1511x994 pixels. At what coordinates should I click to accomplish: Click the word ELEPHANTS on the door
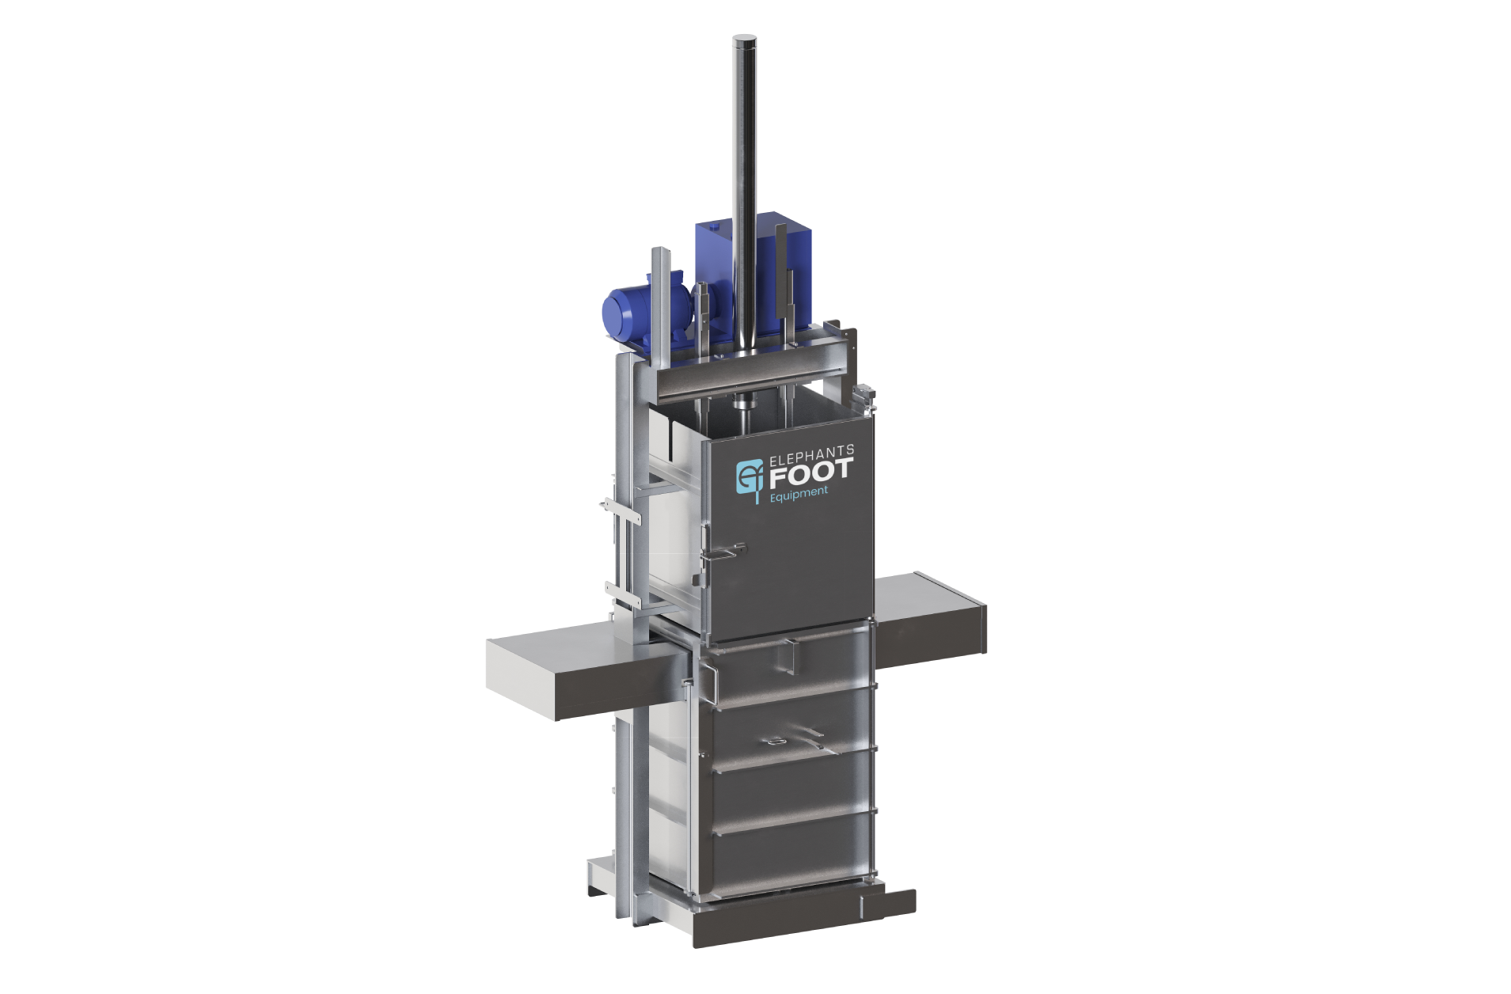(x=812, y=457)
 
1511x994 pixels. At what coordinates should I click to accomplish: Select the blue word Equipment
(x=799, y=494)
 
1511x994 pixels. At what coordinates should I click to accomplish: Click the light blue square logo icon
(x=750, y=476)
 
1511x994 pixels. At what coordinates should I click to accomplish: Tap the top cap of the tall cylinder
(x=744, y=39)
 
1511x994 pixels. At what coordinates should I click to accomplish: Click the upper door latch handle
(x=727, y=551)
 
